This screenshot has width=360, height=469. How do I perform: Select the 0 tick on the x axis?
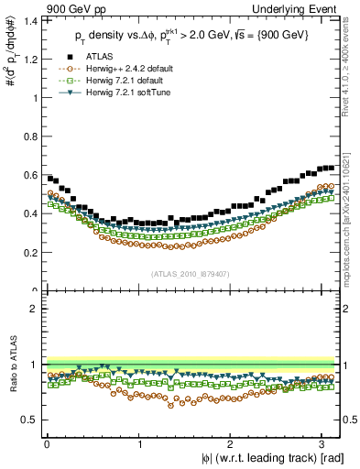47,442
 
